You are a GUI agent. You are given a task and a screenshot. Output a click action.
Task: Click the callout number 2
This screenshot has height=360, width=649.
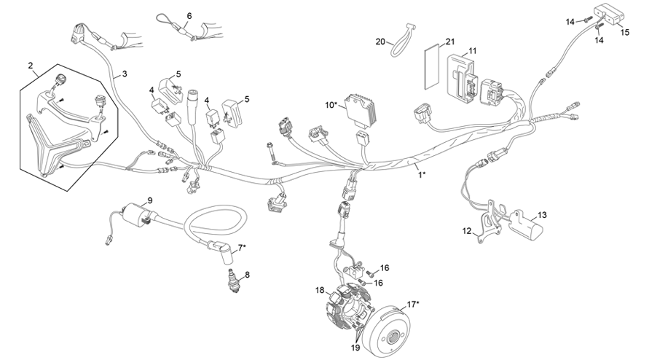tap(31, 66)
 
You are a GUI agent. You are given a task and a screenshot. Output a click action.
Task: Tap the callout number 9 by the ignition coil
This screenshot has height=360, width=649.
tap(149, 200)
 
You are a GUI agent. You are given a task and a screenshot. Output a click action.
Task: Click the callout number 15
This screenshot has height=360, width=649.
tap(625, 33)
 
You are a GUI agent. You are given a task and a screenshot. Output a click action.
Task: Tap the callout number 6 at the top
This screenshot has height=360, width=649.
tap(189, 15)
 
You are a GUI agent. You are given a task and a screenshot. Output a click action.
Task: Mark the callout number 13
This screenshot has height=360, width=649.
tap(541, 216)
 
